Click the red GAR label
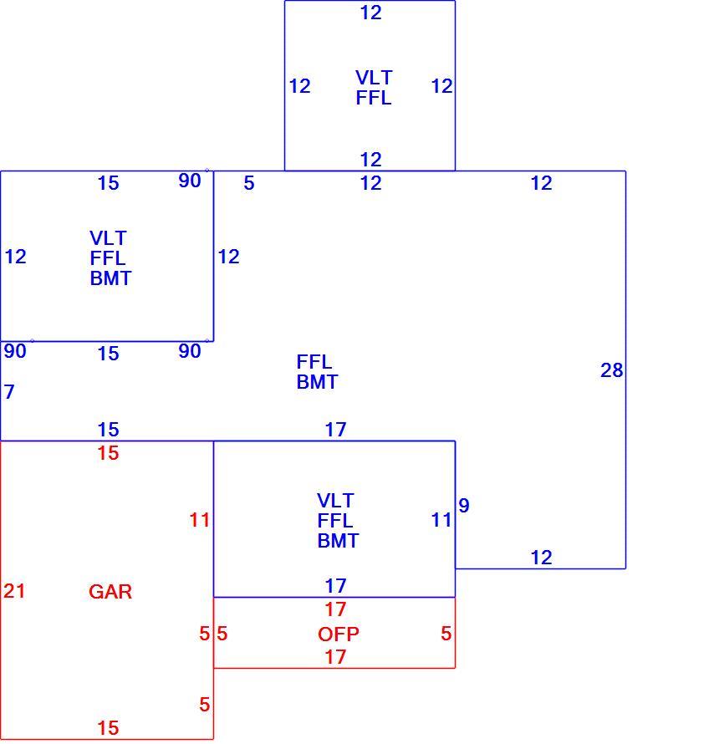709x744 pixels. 110,592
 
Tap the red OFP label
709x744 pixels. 339,634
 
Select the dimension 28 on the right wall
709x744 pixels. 611,370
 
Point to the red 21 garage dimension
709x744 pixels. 14,591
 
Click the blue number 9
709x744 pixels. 464,505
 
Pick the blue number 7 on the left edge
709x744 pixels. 9,392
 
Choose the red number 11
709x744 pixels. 199,520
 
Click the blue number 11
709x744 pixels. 441,520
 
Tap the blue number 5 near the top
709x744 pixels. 249,183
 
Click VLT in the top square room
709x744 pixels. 374,78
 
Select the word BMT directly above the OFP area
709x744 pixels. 338,541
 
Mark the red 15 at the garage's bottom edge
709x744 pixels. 108,728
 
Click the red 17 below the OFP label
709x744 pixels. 335,657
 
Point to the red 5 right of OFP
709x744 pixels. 446,634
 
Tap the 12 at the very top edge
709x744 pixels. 370,13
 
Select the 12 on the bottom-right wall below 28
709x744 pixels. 542,558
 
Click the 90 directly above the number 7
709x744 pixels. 15,351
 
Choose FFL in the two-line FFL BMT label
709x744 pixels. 314,362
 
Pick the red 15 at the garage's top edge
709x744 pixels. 108,453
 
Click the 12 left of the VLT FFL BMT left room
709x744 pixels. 15,257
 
